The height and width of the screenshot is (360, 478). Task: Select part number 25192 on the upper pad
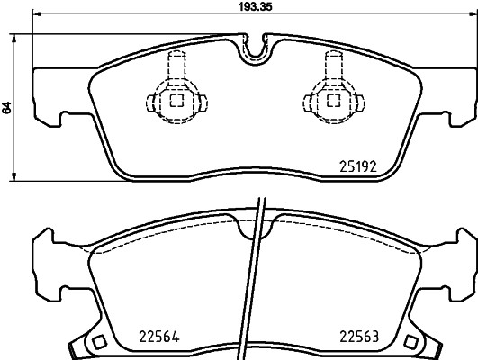pos(356,166)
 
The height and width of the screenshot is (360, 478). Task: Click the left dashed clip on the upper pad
pos(176,94)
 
